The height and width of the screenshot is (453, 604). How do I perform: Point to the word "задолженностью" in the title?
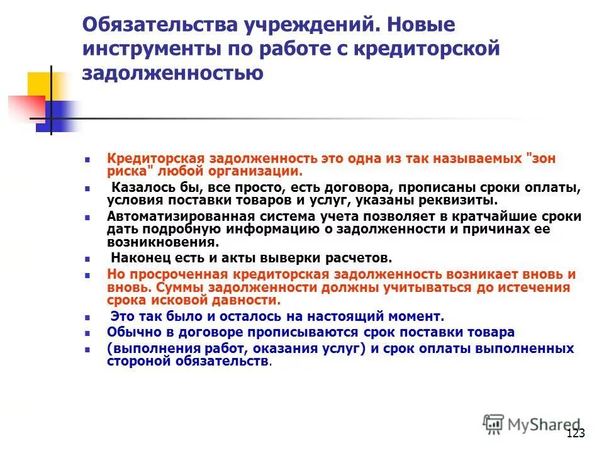pyautogui.click(x=172, y=73)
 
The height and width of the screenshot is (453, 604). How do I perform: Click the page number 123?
pyautogui.click(x=576, y=433)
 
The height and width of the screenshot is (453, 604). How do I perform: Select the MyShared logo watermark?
pyautogui.click(x=532, y=424)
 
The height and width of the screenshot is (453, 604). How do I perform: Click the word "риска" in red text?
pyautogui.click(x=126, y=171)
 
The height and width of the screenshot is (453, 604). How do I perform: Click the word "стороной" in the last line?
pyautogui.click(x=135, y=361)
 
